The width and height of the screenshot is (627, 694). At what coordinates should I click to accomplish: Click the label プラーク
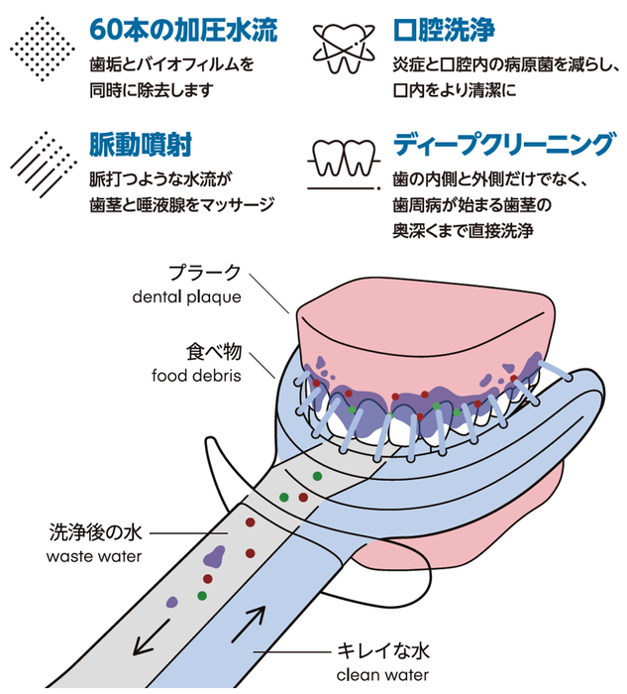point(204,273)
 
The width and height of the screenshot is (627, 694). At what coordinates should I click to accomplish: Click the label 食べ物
point(214,352)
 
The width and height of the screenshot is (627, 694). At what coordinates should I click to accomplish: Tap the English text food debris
point(196,376)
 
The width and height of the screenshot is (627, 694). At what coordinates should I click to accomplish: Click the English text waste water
point(94,555)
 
